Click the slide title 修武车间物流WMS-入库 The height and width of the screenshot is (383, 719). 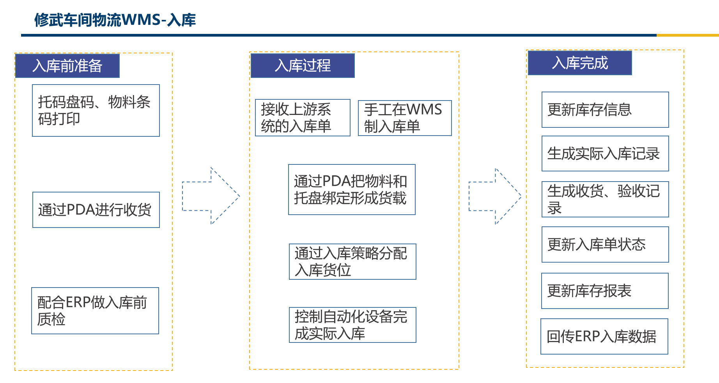[115, 20]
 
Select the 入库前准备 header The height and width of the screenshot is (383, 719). [67, 66]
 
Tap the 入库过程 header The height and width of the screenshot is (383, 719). [303, 65]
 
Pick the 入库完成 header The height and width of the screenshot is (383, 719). [580, 63]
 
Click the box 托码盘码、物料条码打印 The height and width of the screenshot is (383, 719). [96, 110]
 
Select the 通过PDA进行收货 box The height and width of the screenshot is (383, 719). [96, 210]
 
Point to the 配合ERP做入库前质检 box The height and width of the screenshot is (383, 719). [95, 311]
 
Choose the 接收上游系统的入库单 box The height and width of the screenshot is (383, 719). [303, 118]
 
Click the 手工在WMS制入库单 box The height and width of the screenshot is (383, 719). [405, 118]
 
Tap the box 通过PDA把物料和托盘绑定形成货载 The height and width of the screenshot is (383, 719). [352, 189]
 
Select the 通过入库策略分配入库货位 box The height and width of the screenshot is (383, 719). [352, 261]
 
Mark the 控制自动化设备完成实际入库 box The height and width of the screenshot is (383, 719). [352, 325]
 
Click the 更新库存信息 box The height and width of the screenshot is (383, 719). [605, 109]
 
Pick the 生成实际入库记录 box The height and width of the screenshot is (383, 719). [605, 154]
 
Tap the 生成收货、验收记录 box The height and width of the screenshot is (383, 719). [605, 199]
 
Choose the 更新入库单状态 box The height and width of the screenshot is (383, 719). [605, 244]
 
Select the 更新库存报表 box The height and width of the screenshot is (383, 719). [605, 291]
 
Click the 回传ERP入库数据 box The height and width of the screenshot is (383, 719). [604, 336]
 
